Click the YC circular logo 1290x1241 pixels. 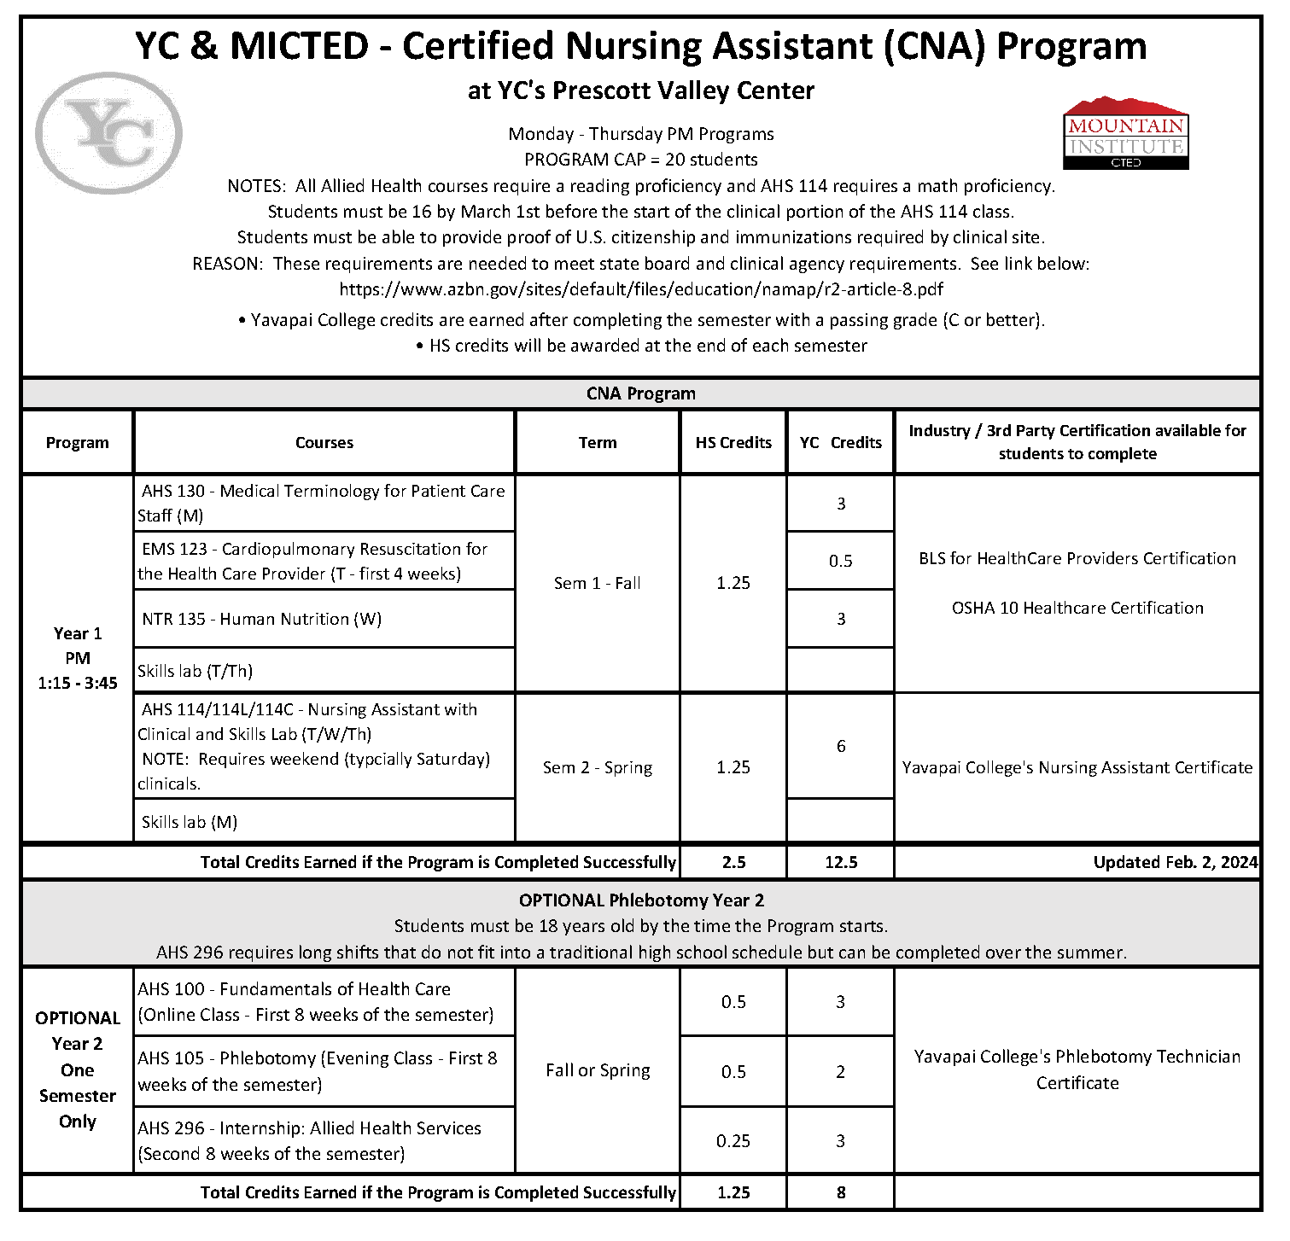tap(108, 133)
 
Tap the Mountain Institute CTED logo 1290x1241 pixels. tap(1125, 134)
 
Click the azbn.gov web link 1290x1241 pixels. tap(640, 289)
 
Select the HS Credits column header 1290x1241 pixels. tap(733, 442)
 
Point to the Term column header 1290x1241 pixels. tap(597, 442)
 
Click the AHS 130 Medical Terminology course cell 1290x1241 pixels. tap(324, 503)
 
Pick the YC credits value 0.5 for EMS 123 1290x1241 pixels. tap(840, 561)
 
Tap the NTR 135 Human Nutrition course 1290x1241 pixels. tap(261, 619)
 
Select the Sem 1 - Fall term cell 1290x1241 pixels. tap(597, 583)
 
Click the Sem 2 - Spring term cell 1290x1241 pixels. tap(597, 767)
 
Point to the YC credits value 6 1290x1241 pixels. tap(840, 746)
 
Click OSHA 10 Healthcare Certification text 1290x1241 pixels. tap(1077, 608)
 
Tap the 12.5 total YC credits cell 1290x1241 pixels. tap(840, 862)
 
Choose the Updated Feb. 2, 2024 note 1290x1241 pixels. tap(1175, 862)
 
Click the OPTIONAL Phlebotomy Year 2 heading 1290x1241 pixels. tap(641, 900)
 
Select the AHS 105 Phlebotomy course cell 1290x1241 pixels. tap(318, 1071)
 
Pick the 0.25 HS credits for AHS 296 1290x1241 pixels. tap(733, 1140)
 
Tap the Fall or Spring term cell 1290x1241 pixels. tap(598, 1070)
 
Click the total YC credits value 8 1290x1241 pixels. tap(840, 1192)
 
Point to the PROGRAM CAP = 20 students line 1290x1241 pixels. tap(640, 160)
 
